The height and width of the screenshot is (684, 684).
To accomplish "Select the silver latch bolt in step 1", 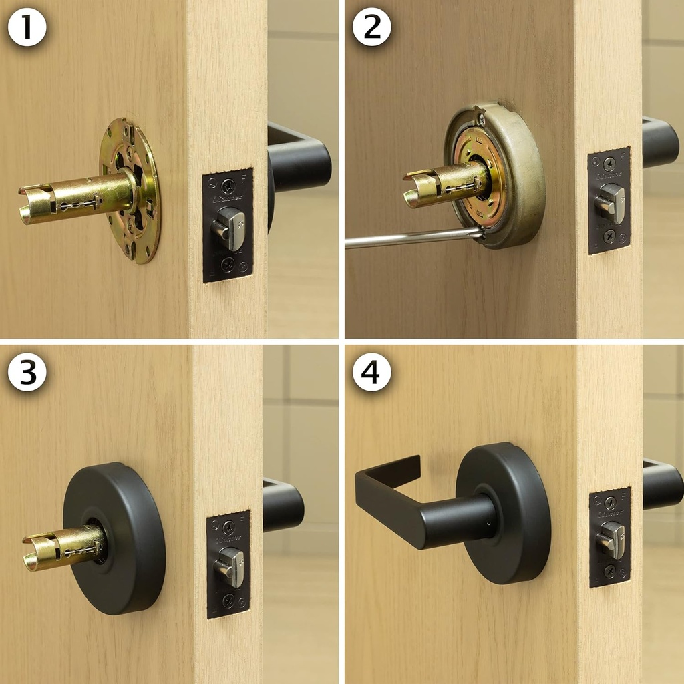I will click(x=230, y=227).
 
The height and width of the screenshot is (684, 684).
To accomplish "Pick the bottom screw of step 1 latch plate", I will click(x=228, y=265).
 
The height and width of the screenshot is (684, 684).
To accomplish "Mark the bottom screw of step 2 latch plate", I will click(x=609, y=236).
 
